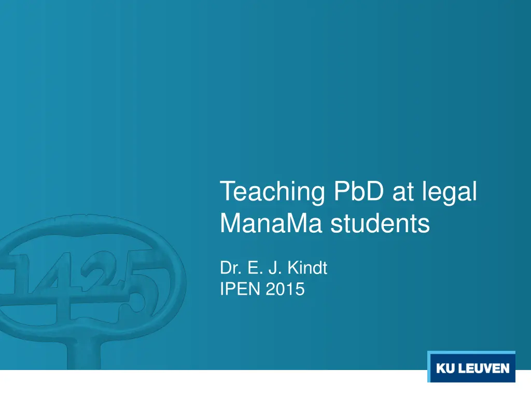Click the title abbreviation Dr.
click(x=229, y=268)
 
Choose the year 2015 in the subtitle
click(x=285, y=289)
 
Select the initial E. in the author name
click(x=254, y=268)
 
